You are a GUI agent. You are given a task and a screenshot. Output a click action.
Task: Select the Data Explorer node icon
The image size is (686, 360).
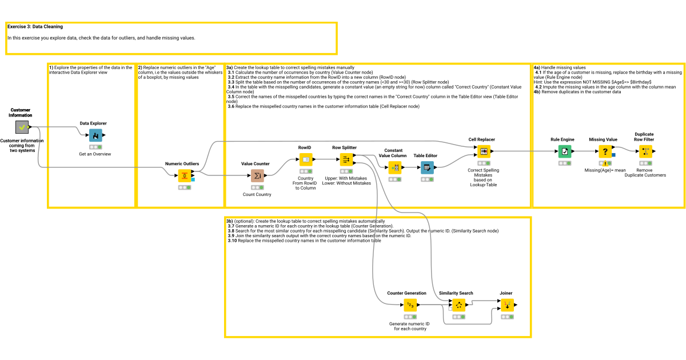93,135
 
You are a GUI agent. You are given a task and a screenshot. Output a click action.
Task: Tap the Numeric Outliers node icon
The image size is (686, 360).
184,175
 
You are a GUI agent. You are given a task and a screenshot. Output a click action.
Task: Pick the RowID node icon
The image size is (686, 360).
306,159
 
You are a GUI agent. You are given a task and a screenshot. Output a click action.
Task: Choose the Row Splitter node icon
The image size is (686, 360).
345,159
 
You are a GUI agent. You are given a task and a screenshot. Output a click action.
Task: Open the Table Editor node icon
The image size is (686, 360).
426,167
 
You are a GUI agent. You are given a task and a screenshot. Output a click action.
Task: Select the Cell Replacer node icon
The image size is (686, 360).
484,151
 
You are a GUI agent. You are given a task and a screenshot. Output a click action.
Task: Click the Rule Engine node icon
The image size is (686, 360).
564,151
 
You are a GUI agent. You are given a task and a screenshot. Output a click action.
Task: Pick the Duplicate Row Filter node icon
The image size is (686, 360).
645,151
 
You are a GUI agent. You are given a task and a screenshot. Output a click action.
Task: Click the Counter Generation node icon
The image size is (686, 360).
410,305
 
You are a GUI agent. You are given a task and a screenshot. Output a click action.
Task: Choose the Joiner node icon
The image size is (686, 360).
506,305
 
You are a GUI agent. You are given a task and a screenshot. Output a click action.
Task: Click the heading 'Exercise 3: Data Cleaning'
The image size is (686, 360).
35,26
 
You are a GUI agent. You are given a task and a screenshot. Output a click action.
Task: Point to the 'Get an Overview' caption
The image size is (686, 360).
95,154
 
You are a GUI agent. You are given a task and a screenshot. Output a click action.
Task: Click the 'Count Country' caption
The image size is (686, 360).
257,195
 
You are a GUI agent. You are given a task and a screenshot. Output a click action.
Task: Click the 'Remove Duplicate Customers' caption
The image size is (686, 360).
644,173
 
